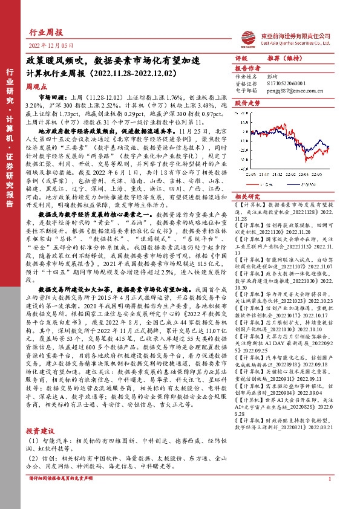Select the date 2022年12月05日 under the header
click(x=51, y=46)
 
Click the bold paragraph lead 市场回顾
click(x=50, y=97)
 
